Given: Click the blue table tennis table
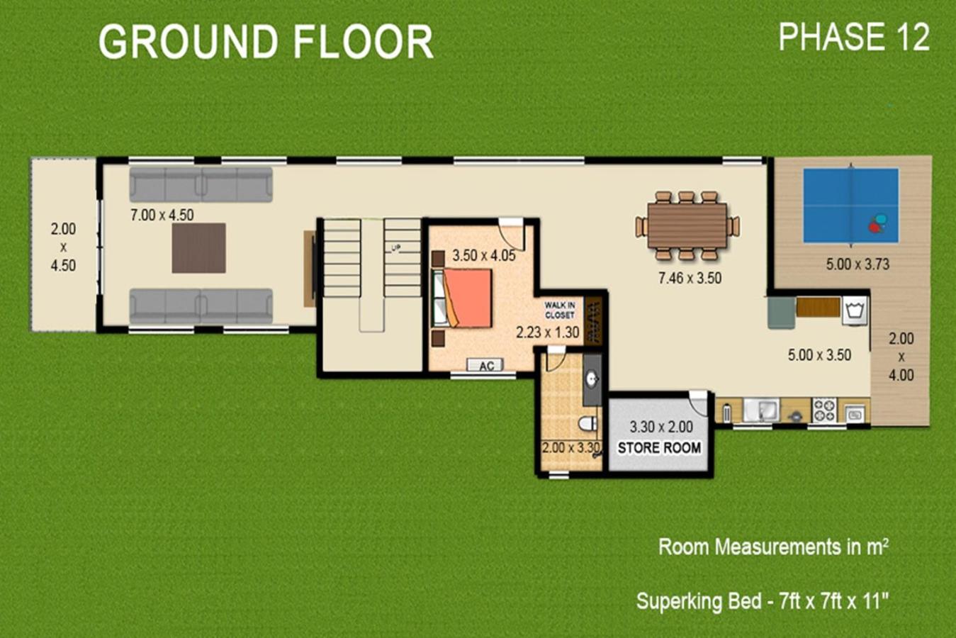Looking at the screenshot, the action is point(851,206).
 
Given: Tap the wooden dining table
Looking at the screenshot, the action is point(687,225).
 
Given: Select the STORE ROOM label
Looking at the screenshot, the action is point(659,447).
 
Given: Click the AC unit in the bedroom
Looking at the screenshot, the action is point(485,365).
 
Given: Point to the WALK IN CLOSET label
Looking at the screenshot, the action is point(560,310).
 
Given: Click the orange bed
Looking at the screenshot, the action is point(467,298).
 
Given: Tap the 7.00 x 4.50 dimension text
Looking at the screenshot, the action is point(162,215).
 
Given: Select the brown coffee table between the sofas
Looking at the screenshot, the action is point(199,247).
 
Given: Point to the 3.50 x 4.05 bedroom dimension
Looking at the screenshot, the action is point(484,255).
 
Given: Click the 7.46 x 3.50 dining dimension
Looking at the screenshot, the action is point(690,278).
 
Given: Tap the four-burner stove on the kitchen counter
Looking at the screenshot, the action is point(825,410).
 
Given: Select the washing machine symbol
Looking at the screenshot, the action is point(855,310).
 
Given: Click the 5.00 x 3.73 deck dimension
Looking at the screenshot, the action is point(857,264).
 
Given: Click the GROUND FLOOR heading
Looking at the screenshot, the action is point(266,41).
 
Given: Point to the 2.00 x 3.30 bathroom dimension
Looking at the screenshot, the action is point(571,447).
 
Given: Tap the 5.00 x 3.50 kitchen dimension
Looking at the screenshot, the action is point(819,355).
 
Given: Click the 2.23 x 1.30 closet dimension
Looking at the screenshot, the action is point(548,332).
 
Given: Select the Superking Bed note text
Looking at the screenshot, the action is point(763,601).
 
